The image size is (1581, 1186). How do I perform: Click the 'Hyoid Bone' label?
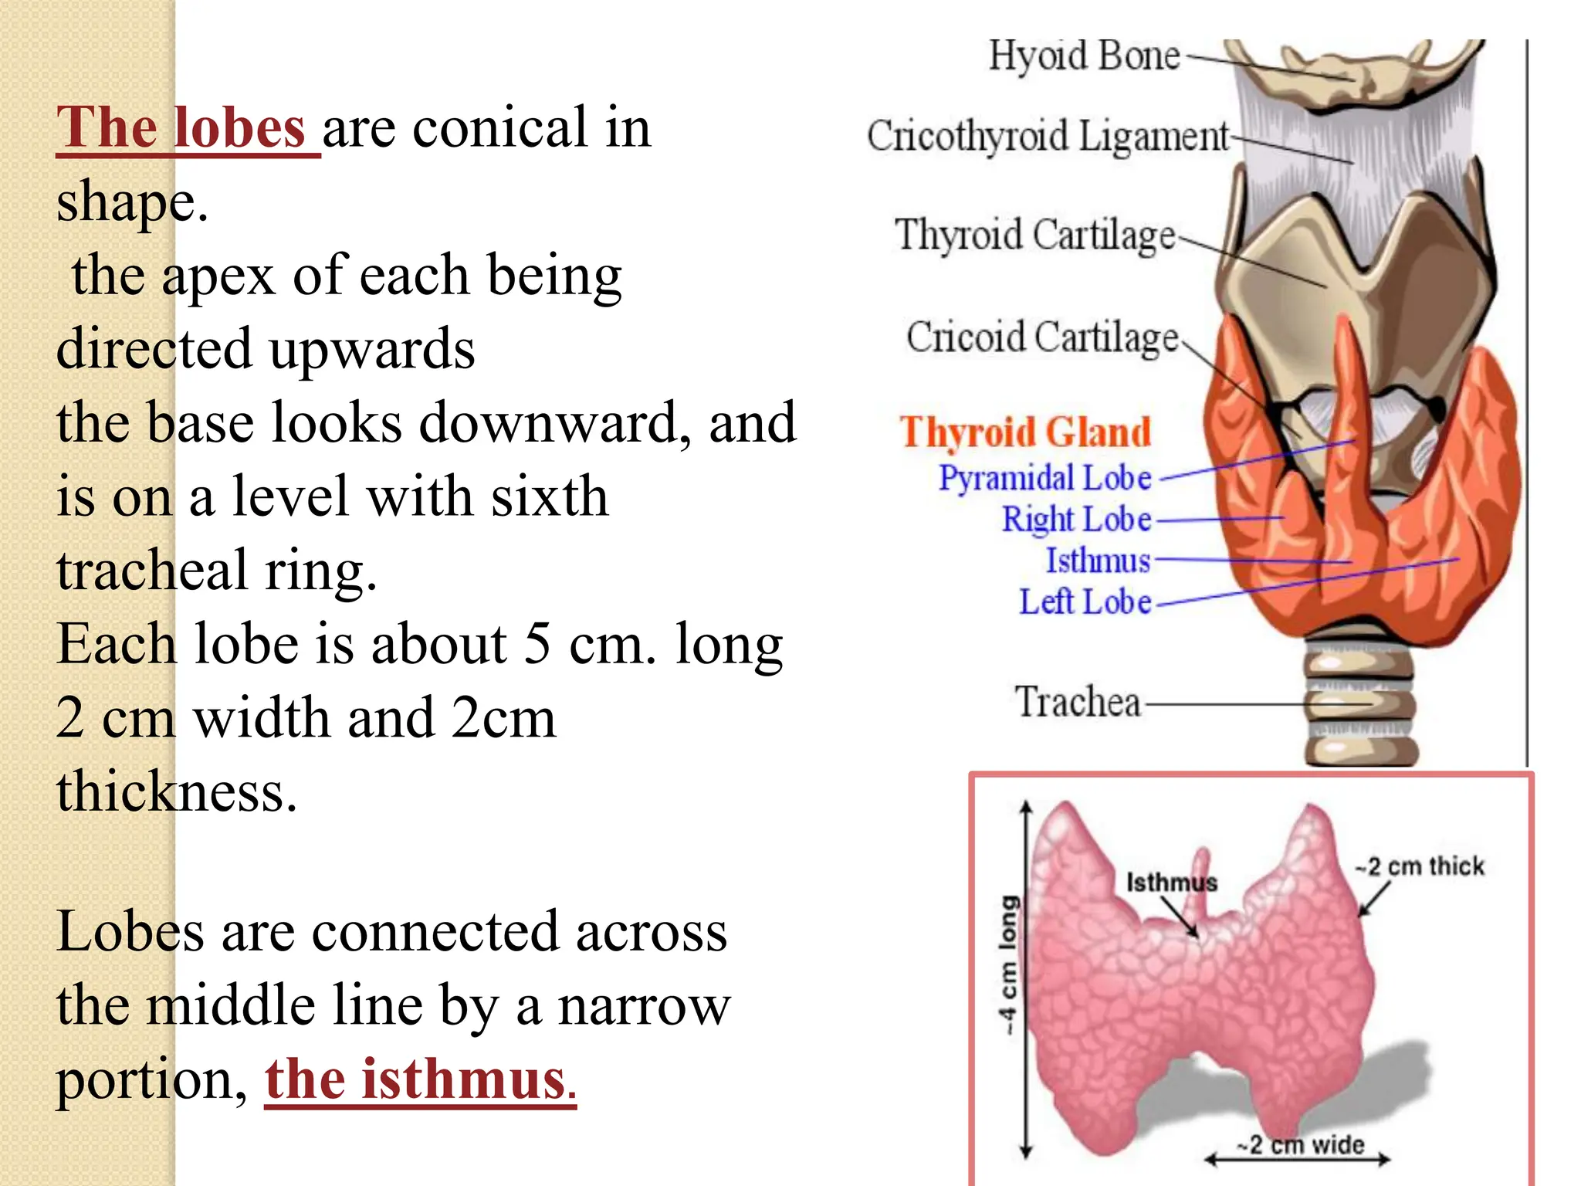click(1084, 56)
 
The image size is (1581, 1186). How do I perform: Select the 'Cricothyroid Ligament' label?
click(1047, 136)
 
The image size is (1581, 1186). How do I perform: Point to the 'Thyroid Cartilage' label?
click(1034, 235)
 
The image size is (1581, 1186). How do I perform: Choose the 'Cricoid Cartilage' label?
click(1042, 337)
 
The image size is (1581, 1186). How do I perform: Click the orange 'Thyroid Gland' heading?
click(1025, 432)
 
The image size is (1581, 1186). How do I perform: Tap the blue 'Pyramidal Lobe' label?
click(1044, 478)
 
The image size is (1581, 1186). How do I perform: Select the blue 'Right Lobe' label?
click(1076, 519)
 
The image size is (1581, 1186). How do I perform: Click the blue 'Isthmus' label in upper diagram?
click(1097, 561)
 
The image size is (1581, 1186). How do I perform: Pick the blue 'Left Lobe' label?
click(1085, 601)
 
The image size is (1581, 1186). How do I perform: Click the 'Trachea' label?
click(1078, 702)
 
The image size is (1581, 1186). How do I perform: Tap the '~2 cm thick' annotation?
click(1420, 866)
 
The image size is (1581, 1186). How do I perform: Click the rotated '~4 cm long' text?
click(1007, 965)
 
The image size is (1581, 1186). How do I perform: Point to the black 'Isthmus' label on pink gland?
click(1171, 883)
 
